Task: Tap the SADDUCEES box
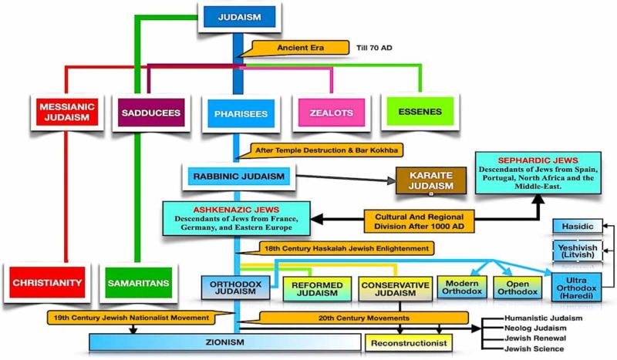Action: click(150, 113)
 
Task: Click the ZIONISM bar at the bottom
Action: click(219, 342)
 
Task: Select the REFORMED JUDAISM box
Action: click(316, 288)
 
